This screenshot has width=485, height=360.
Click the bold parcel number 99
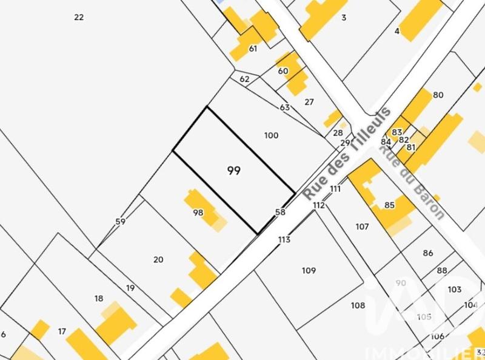(x=234, y=171)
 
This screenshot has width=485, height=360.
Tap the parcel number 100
(x=272, y=135)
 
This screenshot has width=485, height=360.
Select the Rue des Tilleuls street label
(x=347, y=155)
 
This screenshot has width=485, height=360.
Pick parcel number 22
(x=79, y=17)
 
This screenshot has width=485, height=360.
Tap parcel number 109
(x=309, y=270)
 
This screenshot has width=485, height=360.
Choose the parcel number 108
(x=358, y=305)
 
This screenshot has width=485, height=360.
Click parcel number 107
(x=362, y=227)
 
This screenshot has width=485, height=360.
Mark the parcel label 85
(x=390, y=205)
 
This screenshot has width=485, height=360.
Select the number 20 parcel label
(x=158, y=259)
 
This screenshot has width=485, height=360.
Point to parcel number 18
(x=99, y=298)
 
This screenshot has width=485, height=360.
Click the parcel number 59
(x=120, y=222)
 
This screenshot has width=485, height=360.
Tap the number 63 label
(x=285, y=107)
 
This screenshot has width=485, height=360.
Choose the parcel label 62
(x=244, y=79)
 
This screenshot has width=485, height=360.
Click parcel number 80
(x=438, y=95)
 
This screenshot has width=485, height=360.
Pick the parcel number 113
(x=284, y=239)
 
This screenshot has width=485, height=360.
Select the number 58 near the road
(x=280, y=212)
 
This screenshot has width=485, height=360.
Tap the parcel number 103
(x=455, y=290)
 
